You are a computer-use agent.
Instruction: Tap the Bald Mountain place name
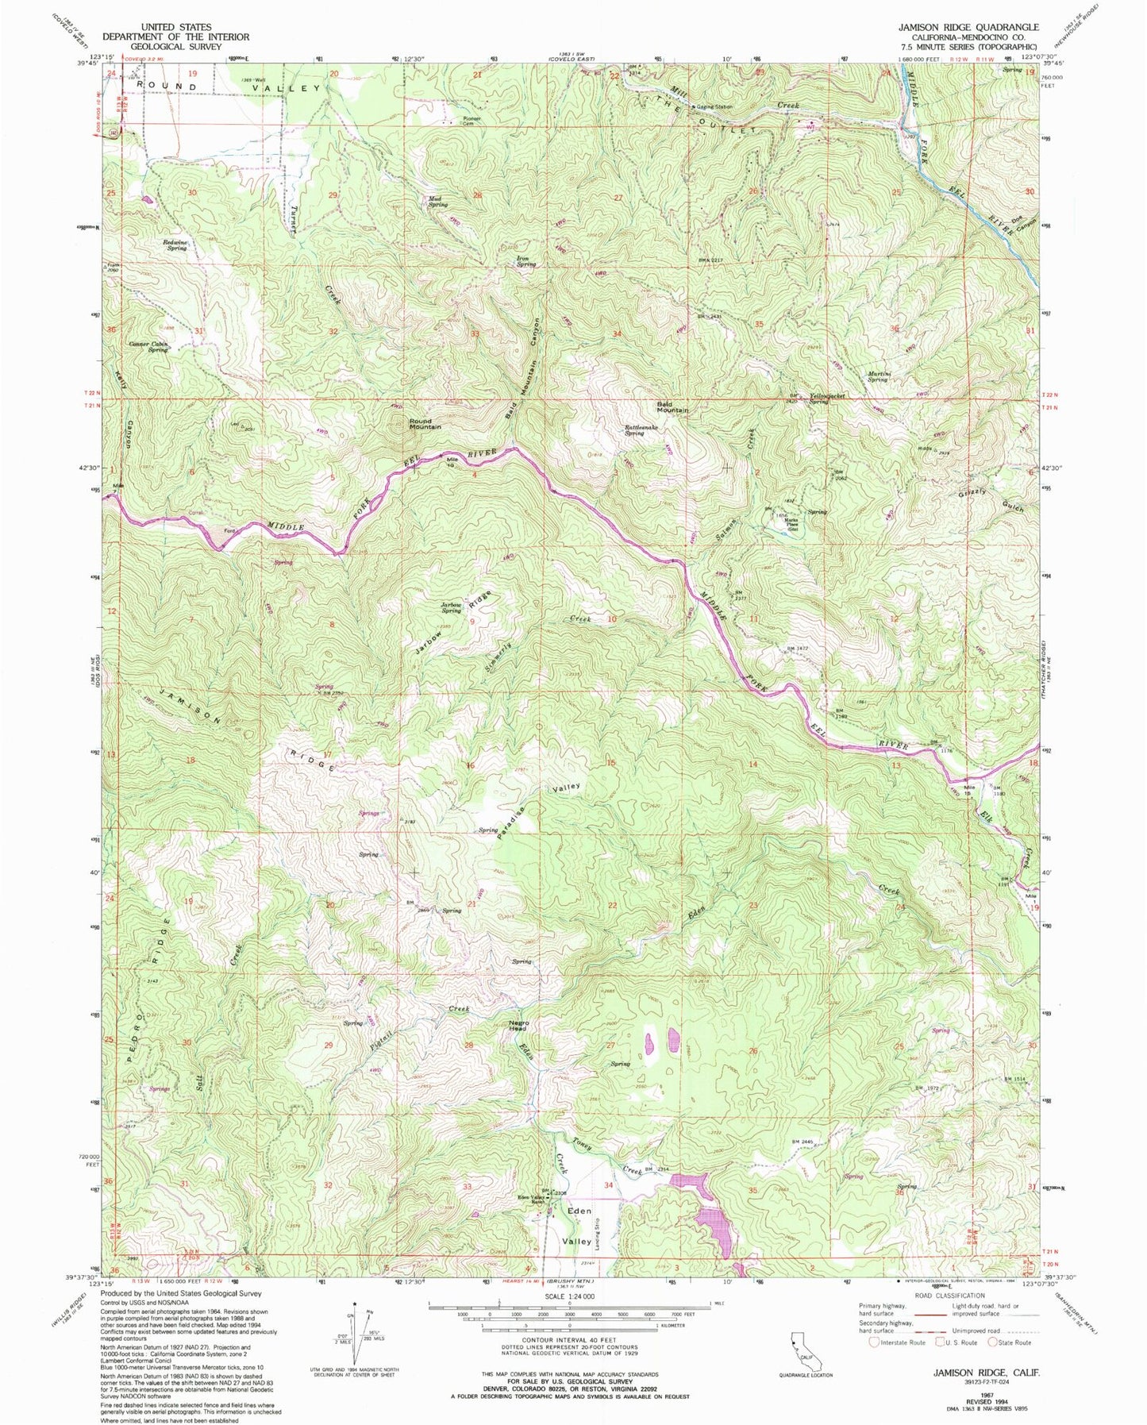point(672,407)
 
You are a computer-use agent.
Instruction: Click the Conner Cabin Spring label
point(149,347)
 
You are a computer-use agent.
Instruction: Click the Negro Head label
point(518,1026)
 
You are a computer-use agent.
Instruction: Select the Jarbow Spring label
point(452,608)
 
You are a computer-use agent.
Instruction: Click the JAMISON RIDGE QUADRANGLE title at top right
point(968,27)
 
